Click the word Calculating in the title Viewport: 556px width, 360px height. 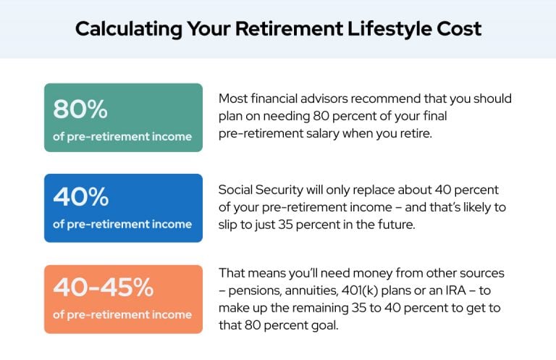pos(129,29)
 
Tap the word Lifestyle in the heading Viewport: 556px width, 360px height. pos(389,29)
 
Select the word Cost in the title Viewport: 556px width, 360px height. pos(459,29)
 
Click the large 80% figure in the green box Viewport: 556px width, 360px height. pos(80,109)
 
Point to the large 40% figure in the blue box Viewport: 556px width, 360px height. pos(81,196)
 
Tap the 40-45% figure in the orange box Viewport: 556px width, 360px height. pos(104,287)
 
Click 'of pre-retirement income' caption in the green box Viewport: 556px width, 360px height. pos(122,137)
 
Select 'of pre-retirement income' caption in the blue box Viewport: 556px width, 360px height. pos(122,224)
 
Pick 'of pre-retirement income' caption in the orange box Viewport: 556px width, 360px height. pos(122,314)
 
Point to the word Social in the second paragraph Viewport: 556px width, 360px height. pos(235,190)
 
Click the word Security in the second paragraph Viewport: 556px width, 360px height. pos(279,190)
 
